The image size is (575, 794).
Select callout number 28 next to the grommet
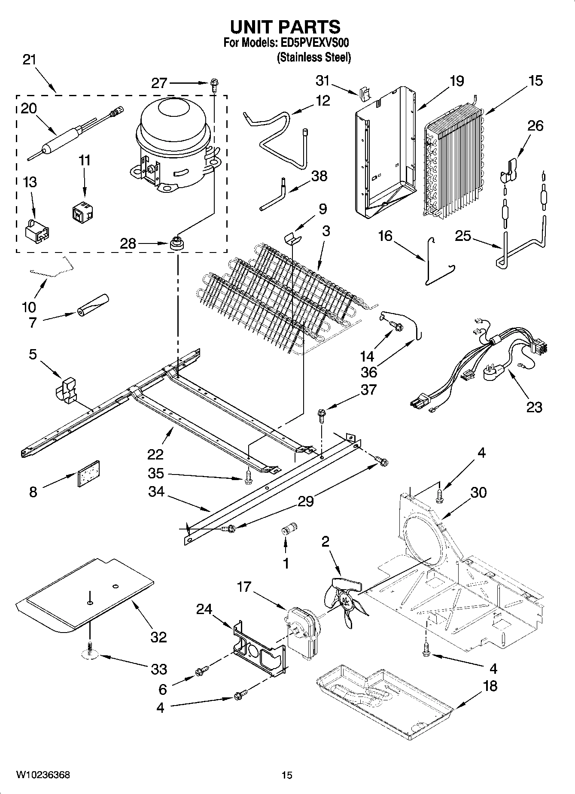pyautogui.click(x=128, y=244)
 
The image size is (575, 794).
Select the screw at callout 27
pyautogui.click(x=214, y=83)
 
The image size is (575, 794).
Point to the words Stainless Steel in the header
pyautogui.click(x=313, y=58)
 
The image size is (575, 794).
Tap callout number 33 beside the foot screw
pyautogui.click(x=159, y=669)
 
